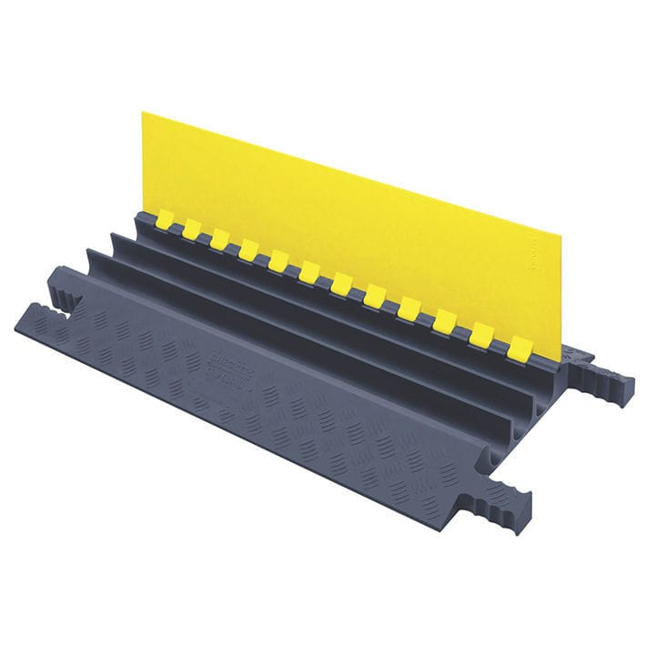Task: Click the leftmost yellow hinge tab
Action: click(x=164, y=218)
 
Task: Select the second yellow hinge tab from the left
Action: click(x=193, y=228)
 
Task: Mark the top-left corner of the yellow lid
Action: click(x=143, y=114)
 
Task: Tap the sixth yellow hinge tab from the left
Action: click(x=309, y=271)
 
